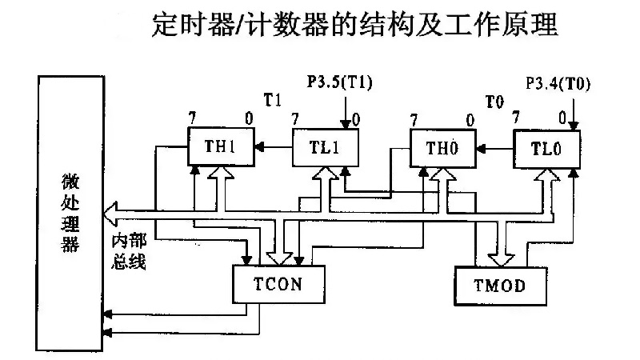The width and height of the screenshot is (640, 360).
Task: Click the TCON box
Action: [277, 283]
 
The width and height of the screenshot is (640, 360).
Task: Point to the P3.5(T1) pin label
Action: [340, 82]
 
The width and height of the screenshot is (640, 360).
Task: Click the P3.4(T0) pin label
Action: [558, 83]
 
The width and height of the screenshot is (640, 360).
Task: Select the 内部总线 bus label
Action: [128, 251]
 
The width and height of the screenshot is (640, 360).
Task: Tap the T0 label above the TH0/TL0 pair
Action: [495, 101]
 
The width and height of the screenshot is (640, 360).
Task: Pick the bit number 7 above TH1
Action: [193, 118]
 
